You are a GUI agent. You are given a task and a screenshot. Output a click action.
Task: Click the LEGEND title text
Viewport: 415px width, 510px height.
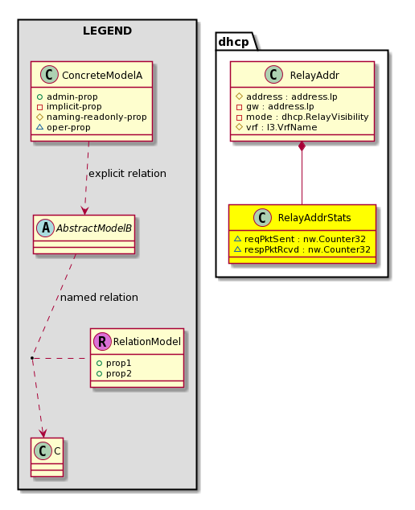pyautogui.click(x=107, y=31)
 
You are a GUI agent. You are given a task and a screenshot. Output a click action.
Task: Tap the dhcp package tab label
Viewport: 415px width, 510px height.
pyautogui.click(x=233, y=42)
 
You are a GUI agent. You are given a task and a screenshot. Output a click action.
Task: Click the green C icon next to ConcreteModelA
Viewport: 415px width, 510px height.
pyautogui.click(x=49, y=75)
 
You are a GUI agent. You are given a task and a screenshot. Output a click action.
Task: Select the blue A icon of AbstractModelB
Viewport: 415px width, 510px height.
pyautogui.click(x=46, y=228)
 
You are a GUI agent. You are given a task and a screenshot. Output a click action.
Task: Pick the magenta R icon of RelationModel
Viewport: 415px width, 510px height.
pyautogui.click(x=102, y=341)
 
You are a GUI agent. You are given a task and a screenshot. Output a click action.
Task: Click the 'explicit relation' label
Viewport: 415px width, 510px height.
pyautogui.click(x=128, y=174)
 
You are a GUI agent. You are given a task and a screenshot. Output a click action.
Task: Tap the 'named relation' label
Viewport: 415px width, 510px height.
pyautogui.click(x=99, y=298)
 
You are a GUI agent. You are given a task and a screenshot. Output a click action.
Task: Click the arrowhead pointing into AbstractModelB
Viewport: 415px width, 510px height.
pyautogui.click(x=85, y=211)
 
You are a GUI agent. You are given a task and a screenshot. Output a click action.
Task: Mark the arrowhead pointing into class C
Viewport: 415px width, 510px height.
pyautogui.click(x=43, y=433)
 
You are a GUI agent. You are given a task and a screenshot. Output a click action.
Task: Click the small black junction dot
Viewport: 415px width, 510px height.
pyautogui.click(x=32, y=358)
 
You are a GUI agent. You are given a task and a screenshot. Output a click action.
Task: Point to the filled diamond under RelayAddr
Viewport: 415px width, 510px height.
pyautogui.click(x=302, y=146)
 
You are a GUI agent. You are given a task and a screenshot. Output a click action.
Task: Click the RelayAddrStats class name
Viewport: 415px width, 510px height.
pyautogui.click(x=314, y=218)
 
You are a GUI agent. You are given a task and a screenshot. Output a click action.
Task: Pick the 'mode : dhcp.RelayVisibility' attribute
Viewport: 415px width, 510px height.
pyautogui.click(x=307, y=117)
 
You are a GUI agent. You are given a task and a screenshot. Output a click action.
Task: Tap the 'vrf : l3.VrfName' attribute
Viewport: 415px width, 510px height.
pyautogui.click(x=281, y=127)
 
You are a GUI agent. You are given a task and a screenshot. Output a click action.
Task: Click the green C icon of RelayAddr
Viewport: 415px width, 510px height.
pyautogui.click(x=273, y=75)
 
